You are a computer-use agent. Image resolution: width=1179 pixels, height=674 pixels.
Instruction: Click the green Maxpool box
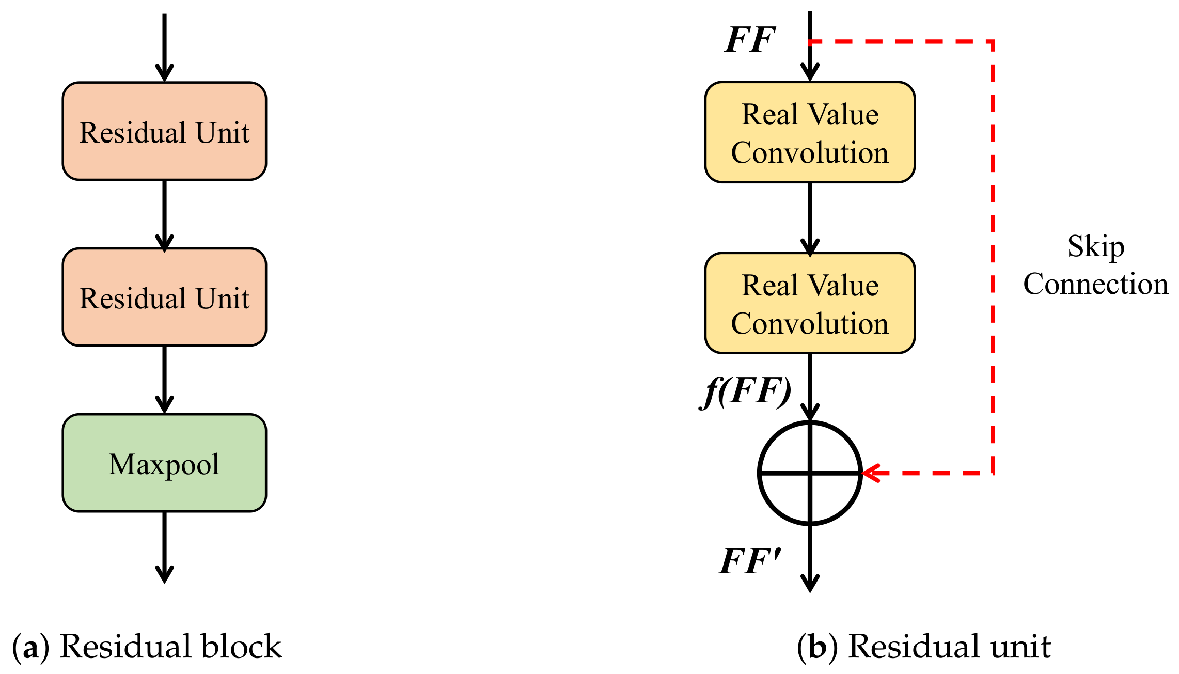pyautogui.click(x=164, y=463)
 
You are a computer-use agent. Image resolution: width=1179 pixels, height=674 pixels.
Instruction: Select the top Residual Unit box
pyautogui.click(x=164, y=131)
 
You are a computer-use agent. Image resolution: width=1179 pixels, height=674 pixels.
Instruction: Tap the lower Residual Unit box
pyautogui.click(x=164, y=297)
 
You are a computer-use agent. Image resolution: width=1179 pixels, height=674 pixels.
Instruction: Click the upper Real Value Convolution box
pyautogui.click(x=810, y=132)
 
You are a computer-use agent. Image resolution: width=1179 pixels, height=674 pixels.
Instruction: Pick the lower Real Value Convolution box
pyautogui.click(x=810, y=303)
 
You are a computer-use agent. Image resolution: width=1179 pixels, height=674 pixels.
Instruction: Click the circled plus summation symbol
pyautogui.click(x=810, y=473)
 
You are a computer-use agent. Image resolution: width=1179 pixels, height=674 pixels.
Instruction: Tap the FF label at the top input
pyautogui.click(x=750, y=40)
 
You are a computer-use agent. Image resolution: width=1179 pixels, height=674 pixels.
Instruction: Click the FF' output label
pyautogui.click(x=750, y=561)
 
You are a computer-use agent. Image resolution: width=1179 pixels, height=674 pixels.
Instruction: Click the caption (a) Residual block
pyautogui.click(x=147, y=646)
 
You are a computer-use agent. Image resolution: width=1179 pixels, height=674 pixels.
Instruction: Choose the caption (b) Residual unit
pyautogui.click(x=923, y=646)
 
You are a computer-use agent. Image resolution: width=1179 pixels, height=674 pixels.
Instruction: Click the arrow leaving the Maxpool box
pyautogui.click(x=164, y=547)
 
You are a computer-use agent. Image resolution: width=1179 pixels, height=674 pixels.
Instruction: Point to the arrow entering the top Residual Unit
pyautogui.click(x=164, y=46)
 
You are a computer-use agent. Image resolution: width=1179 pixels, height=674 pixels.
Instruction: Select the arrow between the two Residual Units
pyautogui.click(x=164, y=214)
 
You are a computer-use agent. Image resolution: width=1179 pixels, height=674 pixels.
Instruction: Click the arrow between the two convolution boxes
pyautogui.click(x=810, y=218)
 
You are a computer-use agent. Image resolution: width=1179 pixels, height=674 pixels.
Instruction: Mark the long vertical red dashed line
pyautogui.click(x=993, y=258)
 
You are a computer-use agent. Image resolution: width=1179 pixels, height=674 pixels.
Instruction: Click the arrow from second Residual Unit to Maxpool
pyautogui.click(x=164, y=380)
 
